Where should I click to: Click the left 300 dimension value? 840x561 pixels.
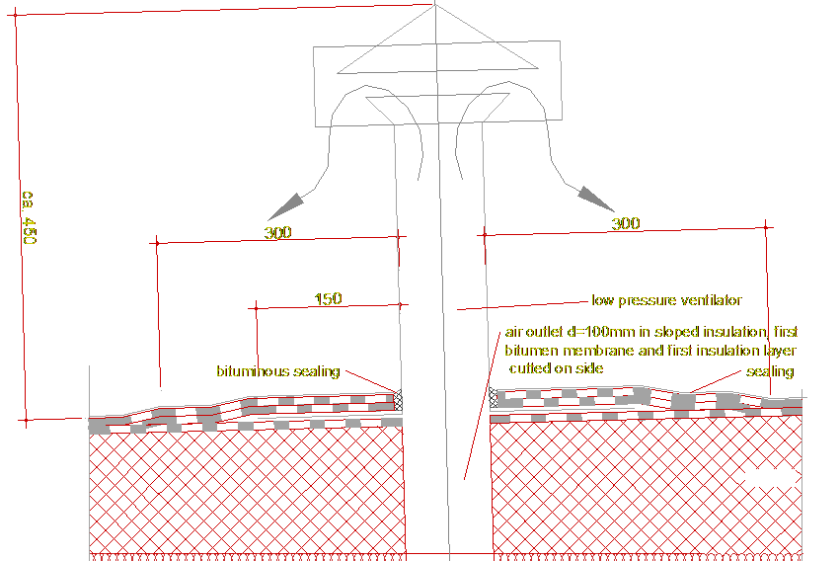coord(277,233)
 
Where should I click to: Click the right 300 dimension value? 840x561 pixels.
coord(625,224)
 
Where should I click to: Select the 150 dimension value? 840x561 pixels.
coord(328,299)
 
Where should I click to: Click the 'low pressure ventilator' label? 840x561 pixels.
coord(665,300)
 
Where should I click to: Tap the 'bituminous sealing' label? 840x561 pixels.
coord(277,372)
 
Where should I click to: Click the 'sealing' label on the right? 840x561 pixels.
coord(769,372)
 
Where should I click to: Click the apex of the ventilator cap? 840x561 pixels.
coord(435,6)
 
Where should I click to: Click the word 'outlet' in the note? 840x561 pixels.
coord(546,332)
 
